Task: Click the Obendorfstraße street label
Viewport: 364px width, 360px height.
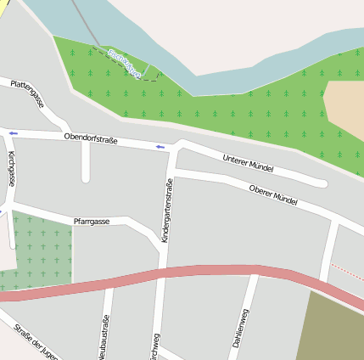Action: [91, 138]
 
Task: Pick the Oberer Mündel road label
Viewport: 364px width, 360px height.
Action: [273, 195]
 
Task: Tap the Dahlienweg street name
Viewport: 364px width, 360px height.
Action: [241, 329]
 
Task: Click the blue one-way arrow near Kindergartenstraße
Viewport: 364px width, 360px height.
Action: [160, 147]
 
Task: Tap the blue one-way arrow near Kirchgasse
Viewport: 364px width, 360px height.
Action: [13, 133]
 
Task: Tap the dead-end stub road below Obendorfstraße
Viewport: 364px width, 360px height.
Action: [86, 166]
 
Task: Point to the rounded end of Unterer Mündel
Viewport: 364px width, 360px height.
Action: [322, 183]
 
